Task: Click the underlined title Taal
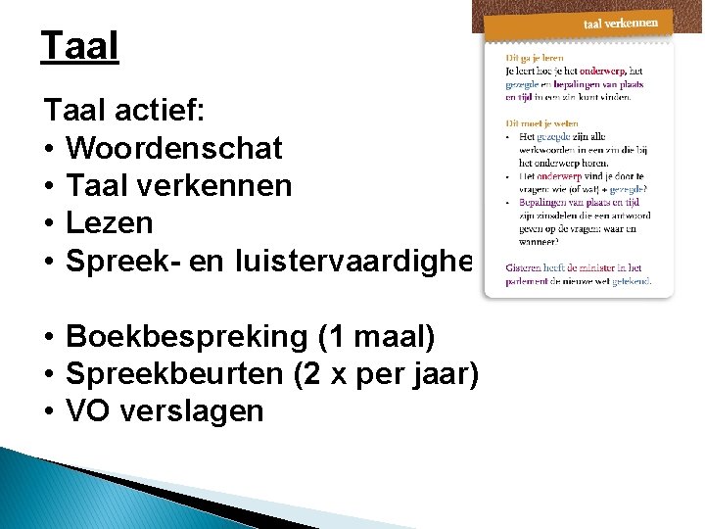point(79,46)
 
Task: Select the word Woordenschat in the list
point(173,148)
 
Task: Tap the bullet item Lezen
point(109,222)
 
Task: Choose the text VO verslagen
point(164,410)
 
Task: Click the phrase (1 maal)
point(376,336)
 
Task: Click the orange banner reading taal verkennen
point(621,23)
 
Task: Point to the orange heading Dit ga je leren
point(534,58)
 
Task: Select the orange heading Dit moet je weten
point(540,123)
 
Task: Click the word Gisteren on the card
point(525,266)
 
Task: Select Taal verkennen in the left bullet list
point(178,185)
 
